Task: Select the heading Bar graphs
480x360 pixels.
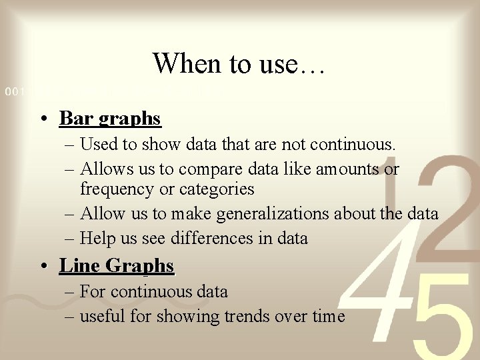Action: [110, 119]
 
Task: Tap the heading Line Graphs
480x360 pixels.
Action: [117, 265]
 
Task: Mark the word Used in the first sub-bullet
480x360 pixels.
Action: [97, 144]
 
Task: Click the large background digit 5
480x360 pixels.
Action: [437, 327]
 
